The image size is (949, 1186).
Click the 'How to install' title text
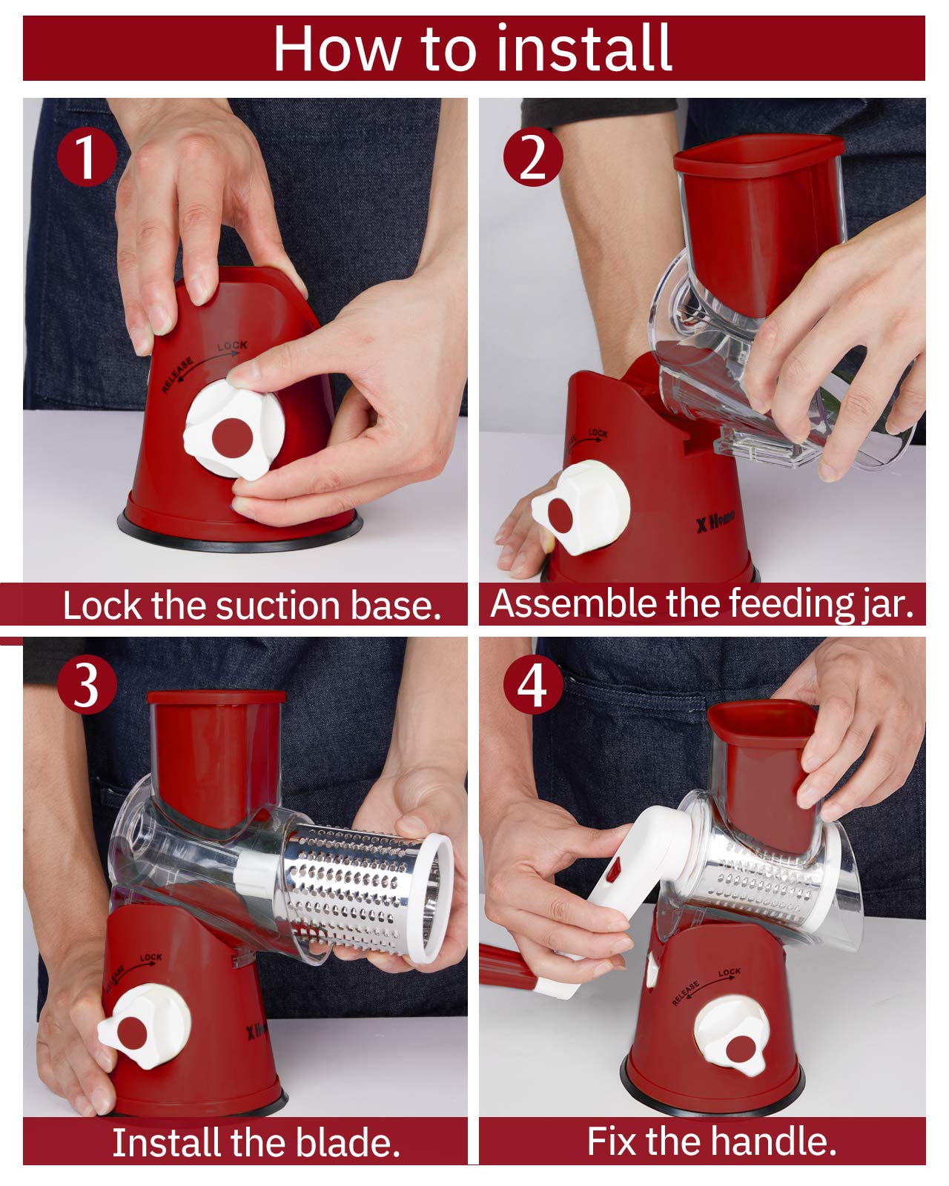pyautogui.click(x=472, y=48)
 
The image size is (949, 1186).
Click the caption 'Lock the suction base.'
pyautogui.click(x=252, y=606)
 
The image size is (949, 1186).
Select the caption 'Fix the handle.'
pyautogui.click(x=711, y=1140)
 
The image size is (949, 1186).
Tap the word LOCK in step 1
pyautogui.click(x=232, y=346)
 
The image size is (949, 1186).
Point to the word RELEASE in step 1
pyautogui.click(x=177, y=375)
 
